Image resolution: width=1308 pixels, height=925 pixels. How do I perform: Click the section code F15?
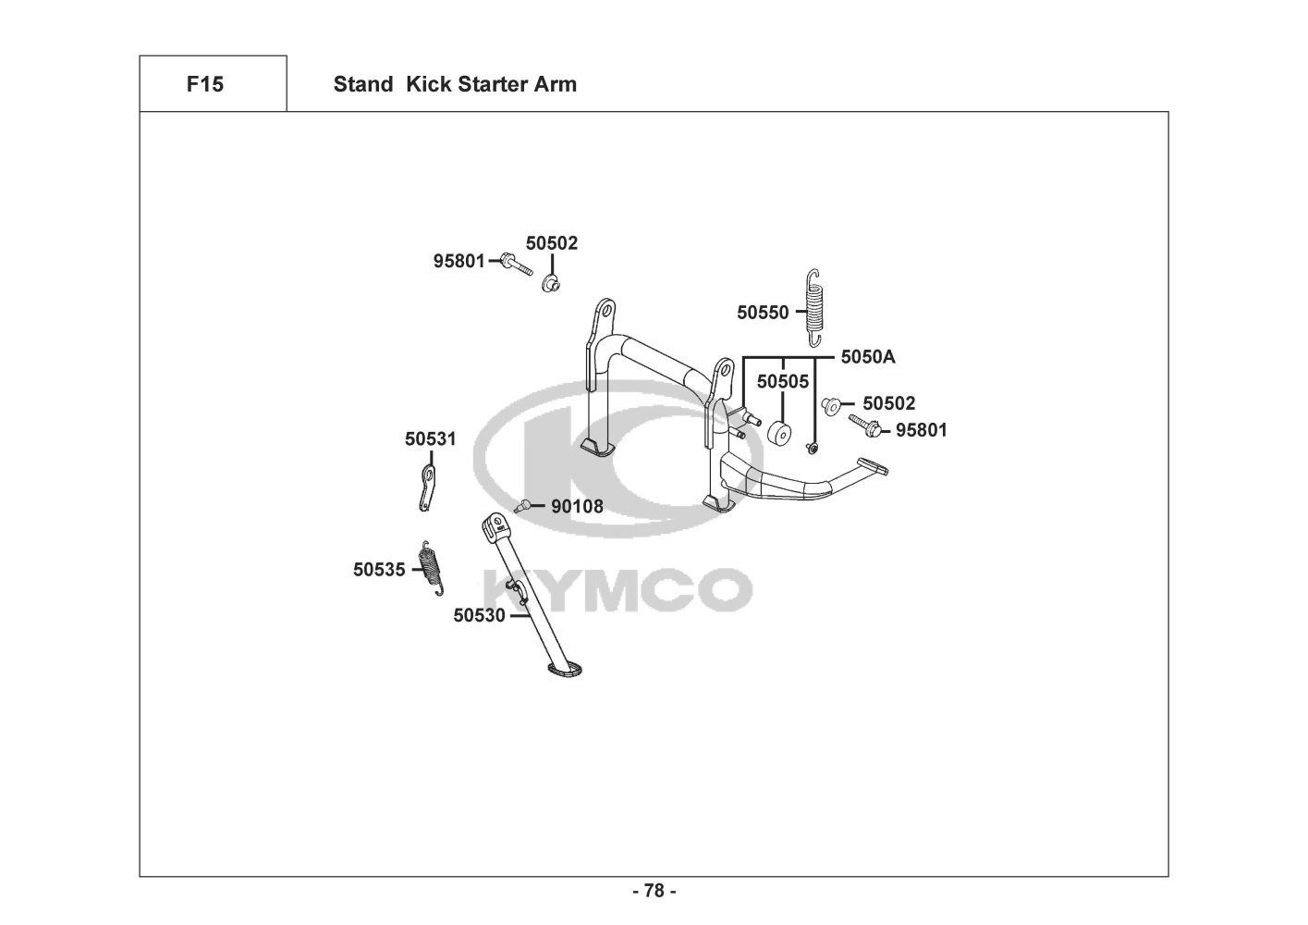[x=204, y=84]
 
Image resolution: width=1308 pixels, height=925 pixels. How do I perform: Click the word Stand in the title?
[x=362, y=84]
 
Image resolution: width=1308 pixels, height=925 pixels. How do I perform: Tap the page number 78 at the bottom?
[x=654, y=891]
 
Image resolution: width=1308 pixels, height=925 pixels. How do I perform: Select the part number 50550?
[x=763, y=313]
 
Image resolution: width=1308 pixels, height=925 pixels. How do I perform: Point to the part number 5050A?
[x=867, y=357]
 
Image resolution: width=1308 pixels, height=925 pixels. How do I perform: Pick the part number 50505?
[x=782, y=381]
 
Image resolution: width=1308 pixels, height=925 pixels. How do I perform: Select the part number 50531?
[x=430, y=438]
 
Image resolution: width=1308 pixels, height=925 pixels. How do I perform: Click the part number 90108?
[x=577, y=507]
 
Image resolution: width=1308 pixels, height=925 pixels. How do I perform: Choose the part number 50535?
[x=379, y=570]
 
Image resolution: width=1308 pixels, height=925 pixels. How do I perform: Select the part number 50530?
[x=479, y=615]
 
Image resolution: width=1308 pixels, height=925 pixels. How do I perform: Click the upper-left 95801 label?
[x=458, y=262]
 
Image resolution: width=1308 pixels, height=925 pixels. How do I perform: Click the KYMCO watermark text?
[x=617, y=589]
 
